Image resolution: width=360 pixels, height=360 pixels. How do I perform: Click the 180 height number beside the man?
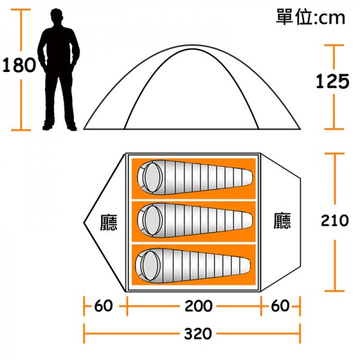pyautogui.click(x=19, y=65)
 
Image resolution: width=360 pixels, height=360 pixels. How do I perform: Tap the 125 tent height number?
pyautogui.click(x=332, y=81)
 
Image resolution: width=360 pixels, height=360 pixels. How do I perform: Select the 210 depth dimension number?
pyautogui.click(x=335, y=220)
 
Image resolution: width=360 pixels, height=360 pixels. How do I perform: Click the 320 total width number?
pyautogui.click(x=198, y=334)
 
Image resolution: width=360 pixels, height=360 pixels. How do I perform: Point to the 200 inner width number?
pyautogui.click(x=199, y=306)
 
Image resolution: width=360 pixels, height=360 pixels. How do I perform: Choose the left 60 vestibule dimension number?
pyautogui.click(x=104, y=305)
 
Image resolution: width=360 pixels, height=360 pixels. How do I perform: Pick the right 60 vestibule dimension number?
pyautogui.click(x=280, y=305)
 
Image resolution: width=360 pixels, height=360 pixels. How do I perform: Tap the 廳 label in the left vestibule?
pyautogui.click(x=109, y=222)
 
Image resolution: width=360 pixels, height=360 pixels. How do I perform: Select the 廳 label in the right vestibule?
pyautogui.click(x=282, y=221)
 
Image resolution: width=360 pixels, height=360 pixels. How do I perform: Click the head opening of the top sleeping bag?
pyautogui.click(x=152, y=177)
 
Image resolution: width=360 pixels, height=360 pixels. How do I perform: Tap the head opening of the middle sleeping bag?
pyautogui.click(x=152, y=220)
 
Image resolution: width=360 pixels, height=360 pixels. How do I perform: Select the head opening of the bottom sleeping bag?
pyautogui.click(x=151, y=265)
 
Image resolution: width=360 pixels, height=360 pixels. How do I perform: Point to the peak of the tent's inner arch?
pyautogui.click(x=193, y=49)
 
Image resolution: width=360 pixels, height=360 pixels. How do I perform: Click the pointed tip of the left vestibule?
pyautogui.click(x=84, y=222)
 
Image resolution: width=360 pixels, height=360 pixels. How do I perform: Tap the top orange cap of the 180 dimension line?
pyautogui.click(x=21, y=10)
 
